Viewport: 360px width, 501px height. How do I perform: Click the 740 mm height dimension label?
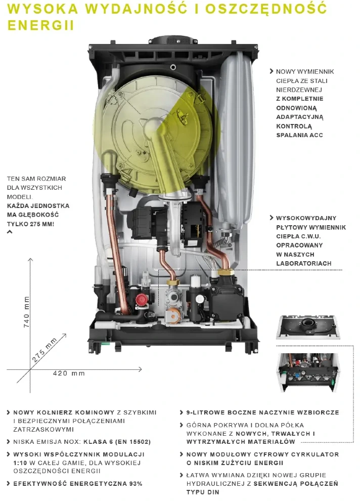click(x=26, y=312)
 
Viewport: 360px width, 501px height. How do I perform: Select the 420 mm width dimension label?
click(x=69, y=373)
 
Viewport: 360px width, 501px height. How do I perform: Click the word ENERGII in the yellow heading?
click(x=40, y=25)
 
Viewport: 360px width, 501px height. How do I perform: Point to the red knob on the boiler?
click(x=141, y=300)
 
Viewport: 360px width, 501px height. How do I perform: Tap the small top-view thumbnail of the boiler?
click(x=307, y=327)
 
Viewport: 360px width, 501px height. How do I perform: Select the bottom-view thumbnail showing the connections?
click(x=307, y=372)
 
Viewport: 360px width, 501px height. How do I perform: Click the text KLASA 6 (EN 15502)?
click(x=117, y=442)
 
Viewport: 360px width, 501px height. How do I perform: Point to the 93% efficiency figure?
click(x=136, y=484)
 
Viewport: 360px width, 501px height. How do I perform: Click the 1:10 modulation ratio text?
click(x=20, y=463)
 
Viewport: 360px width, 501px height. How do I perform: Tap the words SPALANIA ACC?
click(x=299, y=135)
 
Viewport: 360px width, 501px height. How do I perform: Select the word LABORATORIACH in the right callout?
click(x=303, y=264)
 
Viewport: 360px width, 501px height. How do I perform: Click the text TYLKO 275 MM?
click(x=31, y=224)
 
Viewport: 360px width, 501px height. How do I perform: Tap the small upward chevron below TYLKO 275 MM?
click(x=10, y=232)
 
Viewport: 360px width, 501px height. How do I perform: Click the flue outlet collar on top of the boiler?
click(x=173, y=40)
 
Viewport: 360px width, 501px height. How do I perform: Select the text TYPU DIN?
click(x=203, y=492)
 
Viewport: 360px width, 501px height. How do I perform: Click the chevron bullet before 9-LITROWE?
click(x=182, y=412)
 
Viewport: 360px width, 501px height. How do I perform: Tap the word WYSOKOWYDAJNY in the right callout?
click(x=306, y=218)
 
